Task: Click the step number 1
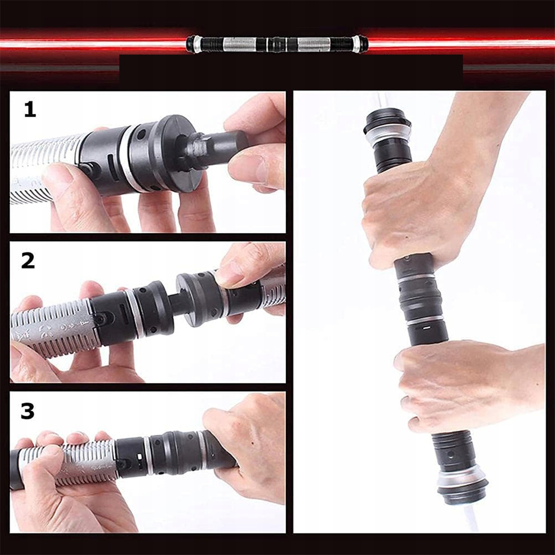tap(30, 110)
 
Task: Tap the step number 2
tap(28, 261)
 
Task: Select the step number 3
tap(28, 411)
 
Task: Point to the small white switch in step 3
tap(140, 457)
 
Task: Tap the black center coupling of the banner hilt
tap(277, 45)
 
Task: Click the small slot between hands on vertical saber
tap(426, 327)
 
